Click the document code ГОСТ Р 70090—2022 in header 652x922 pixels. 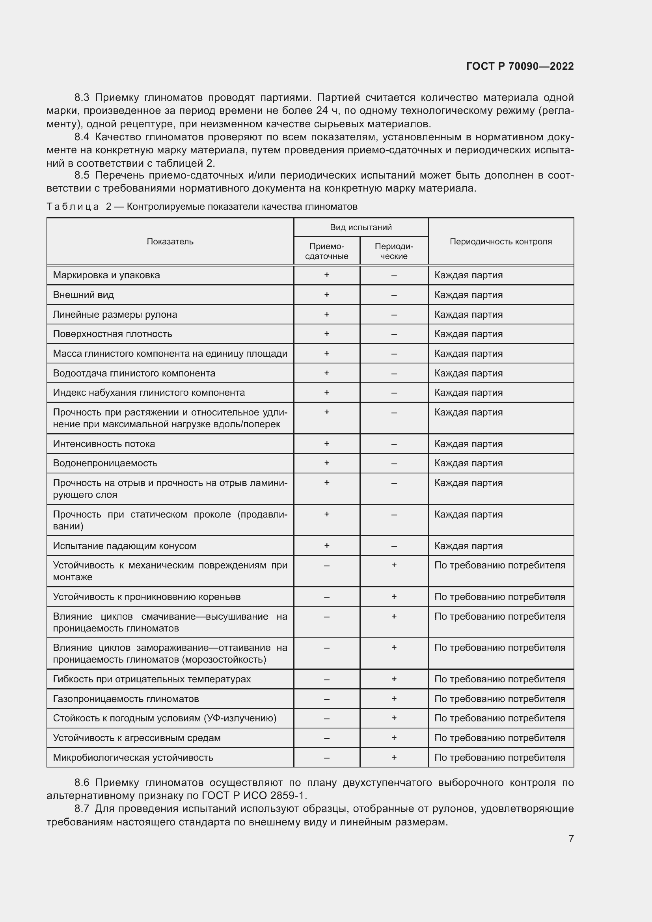pyautogui.click(x=520, y=66)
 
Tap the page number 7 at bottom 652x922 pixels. pyautogui.click(x=571, y=838)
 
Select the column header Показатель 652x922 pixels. pyautogui.click(x=170, y=241)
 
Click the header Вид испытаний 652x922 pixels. pyautogui.click(x=361, y=227)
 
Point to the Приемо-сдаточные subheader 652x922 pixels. pyautogui.click(x=326, y=251)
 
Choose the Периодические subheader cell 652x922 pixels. pyautogui.click(x=393, y=251)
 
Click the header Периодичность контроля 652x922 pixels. pyautogui.click(x=500, y=241)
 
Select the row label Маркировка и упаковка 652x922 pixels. pyautogui.click(x=106, y=275)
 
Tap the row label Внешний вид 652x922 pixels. pyautogui.click(x=84, y=295)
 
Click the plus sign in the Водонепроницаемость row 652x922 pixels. pyautogui.click(x=326, y=463)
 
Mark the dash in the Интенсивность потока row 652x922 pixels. pyautogui.click(x=394, y=444)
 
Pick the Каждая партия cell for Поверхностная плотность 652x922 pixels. pyautogui.click(x=468, y=334)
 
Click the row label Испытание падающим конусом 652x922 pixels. pyautogui.click(x=125, y=546)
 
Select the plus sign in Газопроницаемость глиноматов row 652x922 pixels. pyautogui.click(x=394, y=699)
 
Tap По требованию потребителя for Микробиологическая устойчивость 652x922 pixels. pyautogui.click(x=499, y=757)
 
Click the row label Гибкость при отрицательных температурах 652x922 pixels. pyautogui.click(x=152, y=679)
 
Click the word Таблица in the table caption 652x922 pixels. pyautogui.click(x=73, y=207)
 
